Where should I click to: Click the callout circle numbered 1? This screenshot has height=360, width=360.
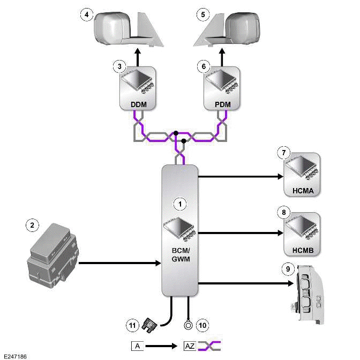click(x=181, y=203)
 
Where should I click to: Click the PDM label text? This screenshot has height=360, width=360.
click(x=222, y=104)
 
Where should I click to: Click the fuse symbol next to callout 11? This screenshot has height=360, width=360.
click(x=153, y=324)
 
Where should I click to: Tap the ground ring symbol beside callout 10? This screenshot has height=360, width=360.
click(x=188, y=324)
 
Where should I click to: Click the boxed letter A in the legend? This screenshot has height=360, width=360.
click(x=138, y=346)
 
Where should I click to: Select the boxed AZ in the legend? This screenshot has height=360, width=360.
click(x=190, y=346)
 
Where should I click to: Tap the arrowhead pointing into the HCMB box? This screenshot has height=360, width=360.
click(x=280, y=233)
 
